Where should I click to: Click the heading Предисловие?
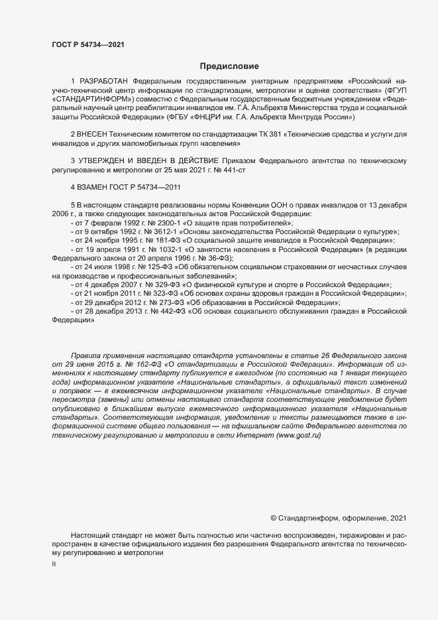(x=230, y=66)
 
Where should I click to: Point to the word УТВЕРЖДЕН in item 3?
(x=101, y=161)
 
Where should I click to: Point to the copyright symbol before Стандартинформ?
(x=274, y=517)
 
